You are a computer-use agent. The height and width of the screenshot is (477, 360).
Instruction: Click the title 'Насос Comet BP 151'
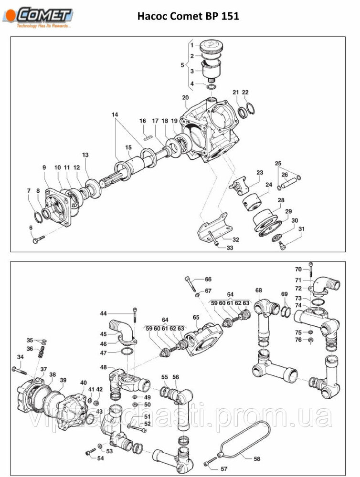(x=188, y=16)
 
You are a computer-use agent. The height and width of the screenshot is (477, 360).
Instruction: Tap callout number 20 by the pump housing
(x=185, y=98)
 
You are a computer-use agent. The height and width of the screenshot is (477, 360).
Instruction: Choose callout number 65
(x=195, y=317)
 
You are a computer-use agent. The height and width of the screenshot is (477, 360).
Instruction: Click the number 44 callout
(x=103, y=313)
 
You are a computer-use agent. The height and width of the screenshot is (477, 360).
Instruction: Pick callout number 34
(x=20, y=357)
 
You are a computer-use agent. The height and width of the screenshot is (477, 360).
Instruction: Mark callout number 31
(x=301, y=229)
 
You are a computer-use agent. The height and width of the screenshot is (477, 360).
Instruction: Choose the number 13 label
(x=85, y=155)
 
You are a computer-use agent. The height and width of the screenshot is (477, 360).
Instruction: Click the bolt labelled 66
(x=192, y=283)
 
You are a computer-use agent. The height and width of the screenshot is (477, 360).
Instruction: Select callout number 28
(x=281, y=200)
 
